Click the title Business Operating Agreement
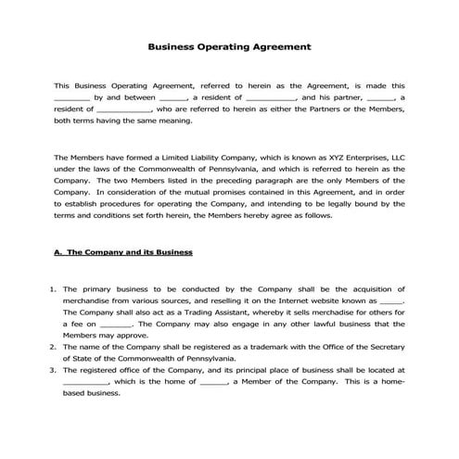[x=229, y=45]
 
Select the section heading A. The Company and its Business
[x=123, y=251]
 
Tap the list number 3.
[x=52, y=368]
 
